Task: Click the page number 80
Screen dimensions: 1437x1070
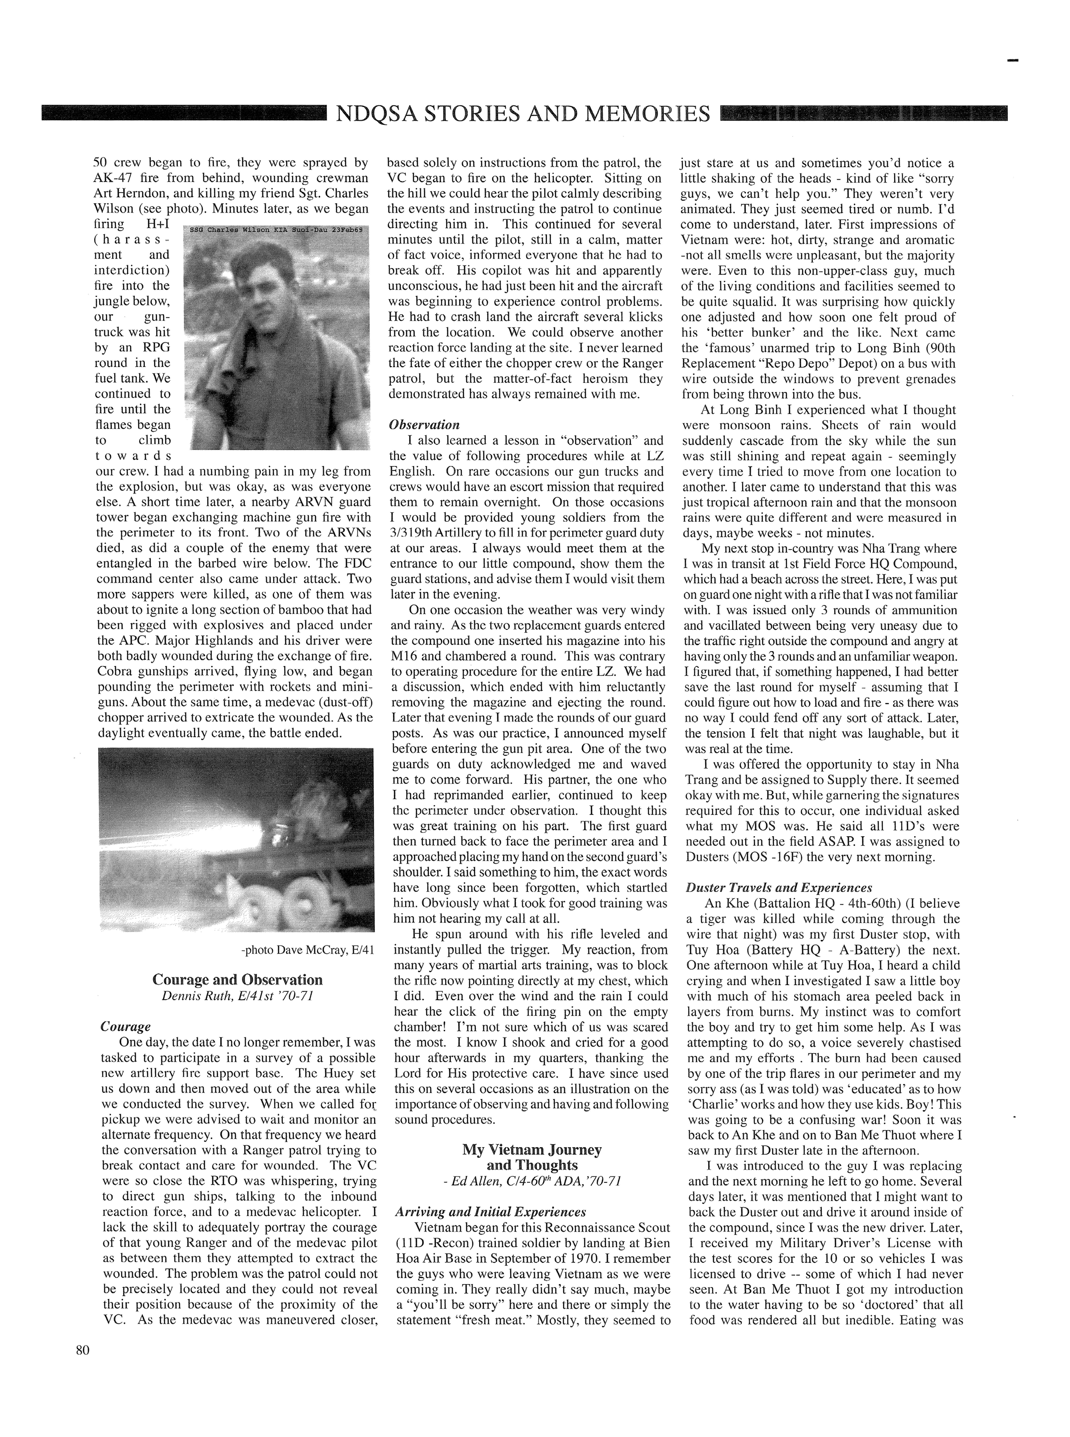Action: [82, 1351]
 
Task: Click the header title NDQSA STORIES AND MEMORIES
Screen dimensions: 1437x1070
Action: [523, 114]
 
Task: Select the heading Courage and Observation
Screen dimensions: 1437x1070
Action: [237, 980]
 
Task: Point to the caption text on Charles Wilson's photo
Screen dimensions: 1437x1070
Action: [276, 230]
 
